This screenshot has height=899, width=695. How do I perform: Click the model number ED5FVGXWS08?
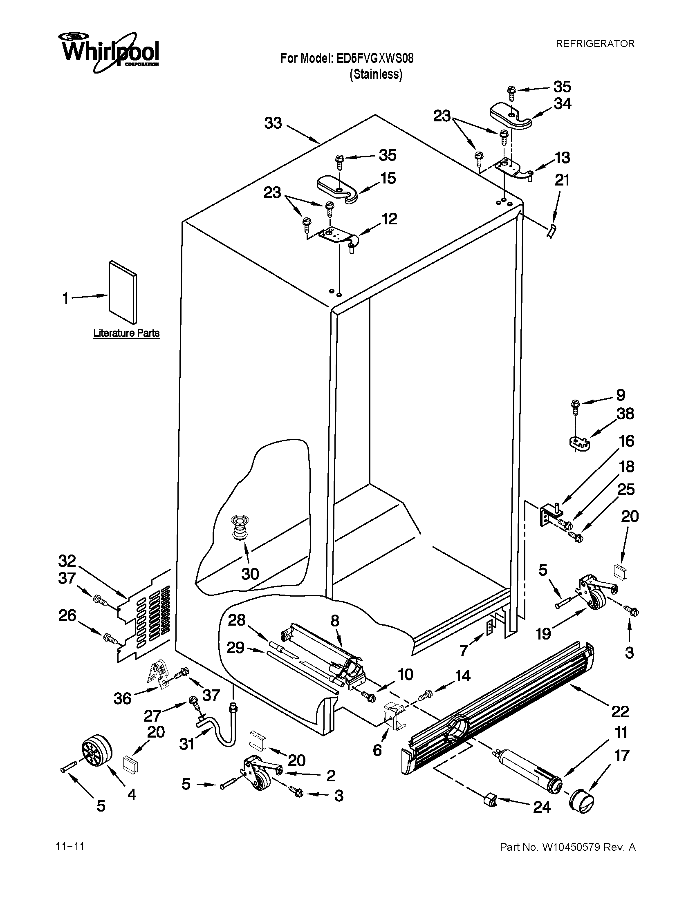click(374, 58)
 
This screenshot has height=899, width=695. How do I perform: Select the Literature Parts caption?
click(126, 333)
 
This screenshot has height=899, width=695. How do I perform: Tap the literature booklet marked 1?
click(123, 291)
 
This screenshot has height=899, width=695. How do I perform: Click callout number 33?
click(273, 123)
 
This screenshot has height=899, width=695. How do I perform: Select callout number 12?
click(389, 219)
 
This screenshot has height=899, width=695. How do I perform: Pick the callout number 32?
click(67, 561)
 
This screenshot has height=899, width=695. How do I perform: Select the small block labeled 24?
click(489, 800)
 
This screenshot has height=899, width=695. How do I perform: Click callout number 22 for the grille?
click(620, 711)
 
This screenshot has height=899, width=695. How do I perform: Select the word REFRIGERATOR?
click(595, 44)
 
